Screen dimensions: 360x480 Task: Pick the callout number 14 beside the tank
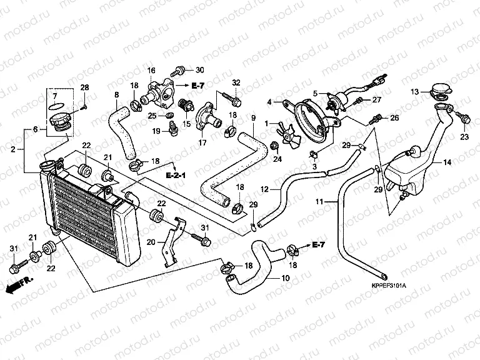click(447, 162)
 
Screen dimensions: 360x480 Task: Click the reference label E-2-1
click(177, 177)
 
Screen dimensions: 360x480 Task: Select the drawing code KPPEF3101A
click(387, 286)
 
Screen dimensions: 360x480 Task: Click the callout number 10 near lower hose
click(286, 278)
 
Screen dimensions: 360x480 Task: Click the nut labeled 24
click(274, 147)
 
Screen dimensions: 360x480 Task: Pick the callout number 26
click(394, 117)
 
